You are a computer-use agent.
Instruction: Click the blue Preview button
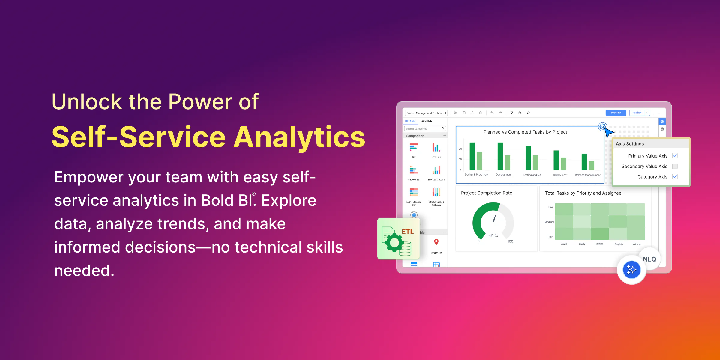point(616,113)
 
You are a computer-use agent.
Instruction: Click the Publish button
point(637,113)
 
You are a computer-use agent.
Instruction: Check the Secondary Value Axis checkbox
point(675,166)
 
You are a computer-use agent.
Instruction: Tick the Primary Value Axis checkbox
point(675,156)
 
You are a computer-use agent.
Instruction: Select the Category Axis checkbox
point(675,177)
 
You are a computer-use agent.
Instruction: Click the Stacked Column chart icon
point(436,170)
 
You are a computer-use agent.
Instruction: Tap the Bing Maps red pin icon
point(436,242)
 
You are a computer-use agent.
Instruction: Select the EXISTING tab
point(426,121)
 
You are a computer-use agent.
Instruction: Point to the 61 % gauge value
point(493,235)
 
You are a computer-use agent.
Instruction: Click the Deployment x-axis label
point(560,175)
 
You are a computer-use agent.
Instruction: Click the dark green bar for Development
point(500,156)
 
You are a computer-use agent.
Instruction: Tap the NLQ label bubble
point(649,259)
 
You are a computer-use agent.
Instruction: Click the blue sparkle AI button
point(631,270)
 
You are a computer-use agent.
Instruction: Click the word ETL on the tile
point(408,232)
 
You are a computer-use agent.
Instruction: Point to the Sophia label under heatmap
point(619,244)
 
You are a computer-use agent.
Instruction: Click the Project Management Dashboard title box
point(426,113)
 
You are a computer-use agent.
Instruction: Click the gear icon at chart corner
point(602,127)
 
